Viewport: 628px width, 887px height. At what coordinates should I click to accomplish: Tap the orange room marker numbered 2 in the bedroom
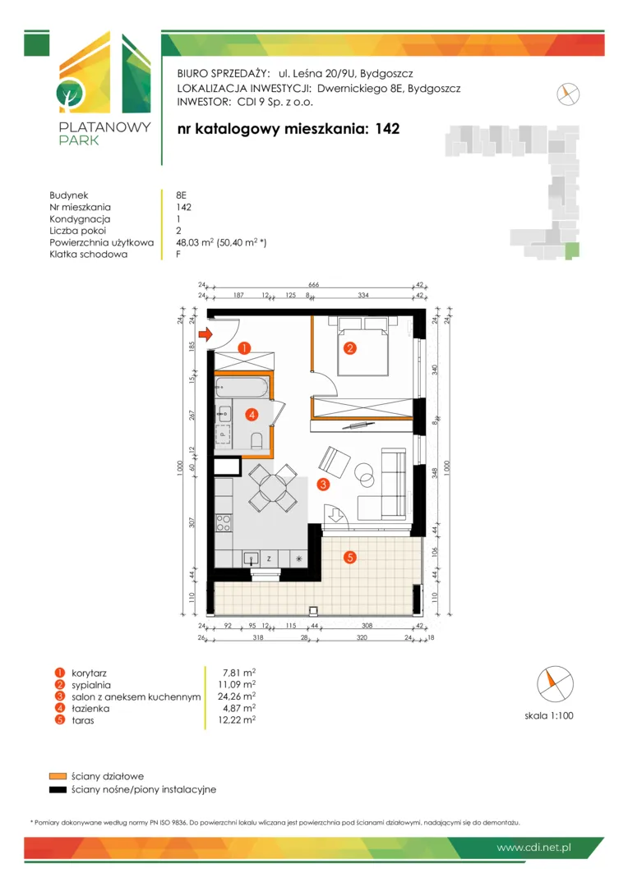tap(350, 348)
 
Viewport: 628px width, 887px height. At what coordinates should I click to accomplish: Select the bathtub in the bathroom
tap(242, 388)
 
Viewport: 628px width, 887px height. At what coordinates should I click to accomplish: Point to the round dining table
tap(273, 487)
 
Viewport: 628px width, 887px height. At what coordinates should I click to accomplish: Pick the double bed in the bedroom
tap(363, 347)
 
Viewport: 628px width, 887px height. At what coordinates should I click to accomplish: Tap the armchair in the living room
tap(334, 462)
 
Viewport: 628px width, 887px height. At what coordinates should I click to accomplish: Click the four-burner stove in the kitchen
tap(224, 522)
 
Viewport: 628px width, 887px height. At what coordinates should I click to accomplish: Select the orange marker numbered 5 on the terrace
tap(350, 557)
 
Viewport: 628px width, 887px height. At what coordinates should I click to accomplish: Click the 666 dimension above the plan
tap(314, 284)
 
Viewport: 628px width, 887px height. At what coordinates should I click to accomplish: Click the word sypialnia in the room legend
tap(90, 685)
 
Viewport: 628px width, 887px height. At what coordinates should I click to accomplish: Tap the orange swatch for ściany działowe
tap(58, 776)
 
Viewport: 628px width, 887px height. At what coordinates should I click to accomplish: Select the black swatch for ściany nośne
tap(58, 790)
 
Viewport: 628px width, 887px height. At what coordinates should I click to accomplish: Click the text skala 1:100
tap(549, 715)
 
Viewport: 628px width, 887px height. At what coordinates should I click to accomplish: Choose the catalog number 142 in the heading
tap(387, 129)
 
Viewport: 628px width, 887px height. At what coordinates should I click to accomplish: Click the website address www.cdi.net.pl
tap(534, 848)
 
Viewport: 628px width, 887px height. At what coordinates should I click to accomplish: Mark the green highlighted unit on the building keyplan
tap(572, 250)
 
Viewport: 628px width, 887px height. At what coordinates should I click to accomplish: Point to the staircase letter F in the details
tap(178, 254)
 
